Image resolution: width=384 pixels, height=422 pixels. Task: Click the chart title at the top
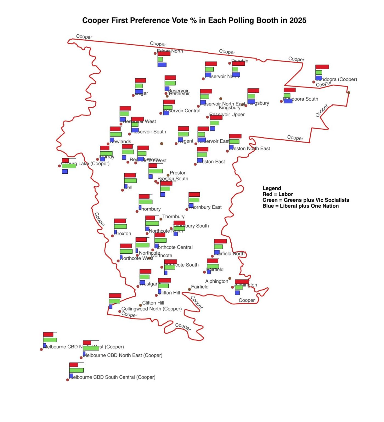194,21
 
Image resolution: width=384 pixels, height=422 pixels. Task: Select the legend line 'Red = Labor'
278,194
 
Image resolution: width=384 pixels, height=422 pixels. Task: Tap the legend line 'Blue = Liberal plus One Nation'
300,206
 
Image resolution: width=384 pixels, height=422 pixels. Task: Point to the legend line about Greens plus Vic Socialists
306,200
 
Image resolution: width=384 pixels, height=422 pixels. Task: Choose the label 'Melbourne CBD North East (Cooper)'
123,355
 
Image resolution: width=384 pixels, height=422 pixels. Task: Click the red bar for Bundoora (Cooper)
322,67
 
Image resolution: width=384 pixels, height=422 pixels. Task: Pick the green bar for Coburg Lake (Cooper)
69,166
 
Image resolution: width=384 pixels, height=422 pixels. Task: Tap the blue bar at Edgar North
162,65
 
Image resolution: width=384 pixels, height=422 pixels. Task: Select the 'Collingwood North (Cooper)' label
151,309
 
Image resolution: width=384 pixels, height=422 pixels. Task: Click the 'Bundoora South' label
302,99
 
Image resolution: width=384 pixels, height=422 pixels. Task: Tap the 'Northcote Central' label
175,247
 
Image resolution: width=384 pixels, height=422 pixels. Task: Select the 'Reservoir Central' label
182,111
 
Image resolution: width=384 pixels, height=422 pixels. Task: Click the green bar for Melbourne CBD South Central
77,370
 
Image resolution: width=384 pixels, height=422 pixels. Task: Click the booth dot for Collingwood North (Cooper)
120,312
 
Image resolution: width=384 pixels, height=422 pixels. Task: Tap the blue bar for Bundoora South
288,101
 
